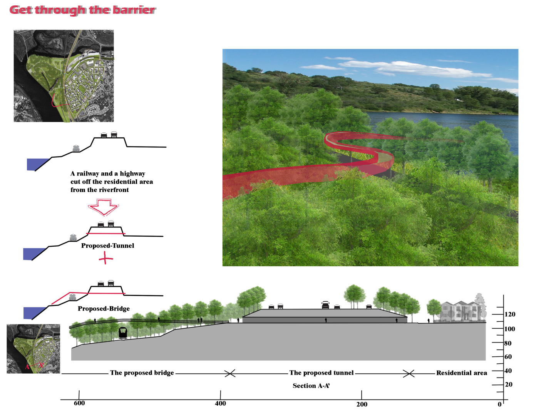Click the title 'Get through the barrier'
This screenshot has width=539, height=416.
click(x=82, y=10)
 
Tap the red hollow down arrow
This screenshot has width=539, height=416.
click(x=103, y=207)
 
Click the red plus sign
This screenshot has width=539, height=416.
click(x=105, y=258)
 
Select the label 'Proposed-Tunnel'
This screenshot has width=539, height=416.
click(x=107, y=246)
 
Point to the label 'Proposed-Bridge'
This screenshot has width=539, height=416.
click(x=104, y=308)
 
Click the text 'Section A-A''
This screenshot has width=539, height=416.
click(x=311, y=386)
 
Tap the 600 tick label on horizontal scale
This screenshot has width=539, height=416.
click(x=79, y=403)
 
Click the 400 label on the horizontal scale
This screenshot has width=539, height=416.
click(x=220, y=403)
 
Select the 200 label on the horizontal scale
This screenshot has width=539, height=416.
click(x=362, y=404)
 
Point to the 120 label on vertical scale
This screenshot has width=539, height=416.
click(x=510, y=314)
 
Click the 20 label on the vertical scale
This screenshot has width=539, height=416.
click(x=509, y=384)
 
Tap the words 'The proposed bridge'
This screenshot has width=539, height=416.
click(x=142, y=373)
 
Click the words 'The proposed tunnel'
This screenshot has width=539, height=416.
click(x=321, y=373)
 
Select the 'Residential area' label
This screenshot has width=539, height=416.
click(x=461, y=373)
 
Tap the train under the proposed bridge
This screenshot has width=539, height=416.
click(x=123, y=333)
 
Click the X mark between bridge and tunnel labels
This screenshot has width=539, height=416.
click(x=230, y=373)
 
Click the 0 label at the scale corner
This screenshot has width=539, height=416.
click(x=499, y=404)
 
